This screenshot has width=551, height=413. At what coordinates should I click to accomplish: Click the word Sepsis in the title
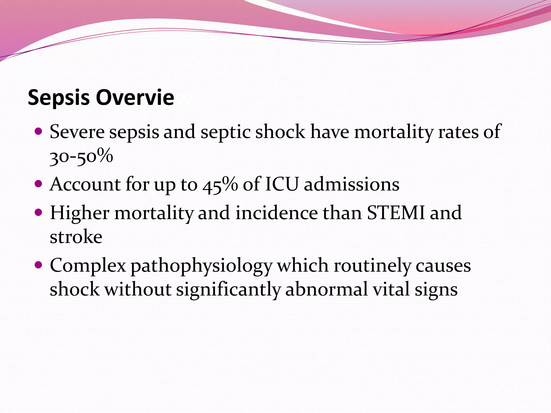[59, 98]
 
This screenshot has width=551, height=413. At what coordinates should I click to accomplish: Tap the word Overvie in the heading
[135, 97]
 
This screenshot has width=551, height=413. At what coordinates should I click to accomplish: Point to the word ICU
[282, 184]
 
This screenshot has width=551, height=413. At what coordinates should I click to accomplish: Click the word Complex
[88, 266]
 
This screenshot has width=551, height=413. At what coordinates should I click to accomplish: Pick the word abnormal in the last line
[326, 290]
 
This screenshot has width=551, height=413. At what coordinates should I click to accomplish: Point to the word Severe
[77, 132]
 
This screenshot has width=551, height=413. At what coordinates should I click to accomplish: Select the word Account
[85, 184]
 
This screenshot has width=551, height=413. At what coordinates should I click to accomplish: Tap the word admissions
[352, 184]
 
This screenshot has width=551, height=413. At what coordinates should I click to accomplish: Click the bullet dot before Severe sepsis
[39, 131]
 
